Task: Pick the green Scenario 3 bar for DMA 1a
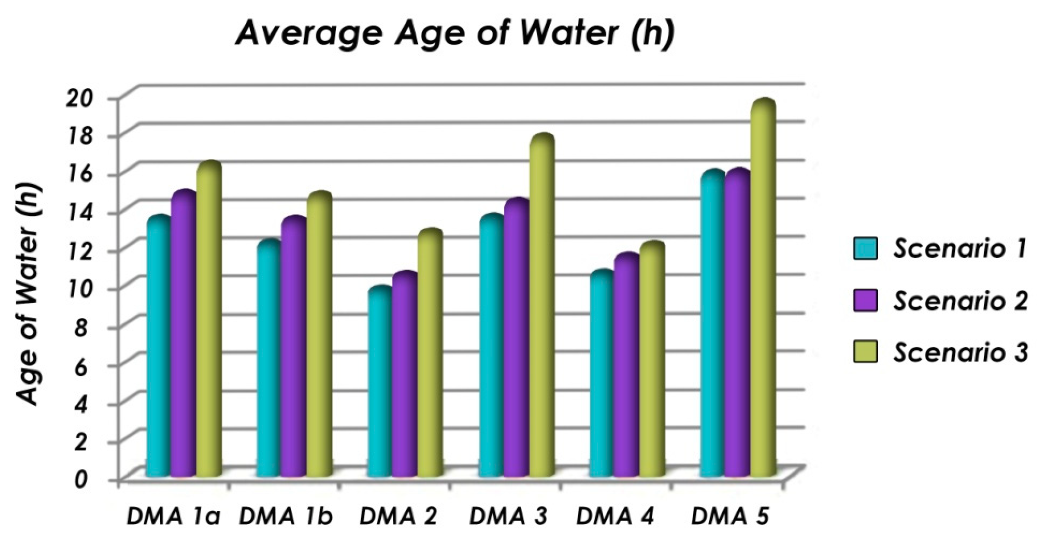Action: pos(209,322)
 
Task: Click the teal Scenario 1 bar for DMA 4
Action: pos(601,375)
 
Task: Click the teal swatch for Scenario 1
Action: pos(865,249)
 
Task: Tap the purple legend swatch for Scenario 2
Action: pos(865,300)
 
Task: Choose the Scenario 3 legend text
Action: pos(960,352)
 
